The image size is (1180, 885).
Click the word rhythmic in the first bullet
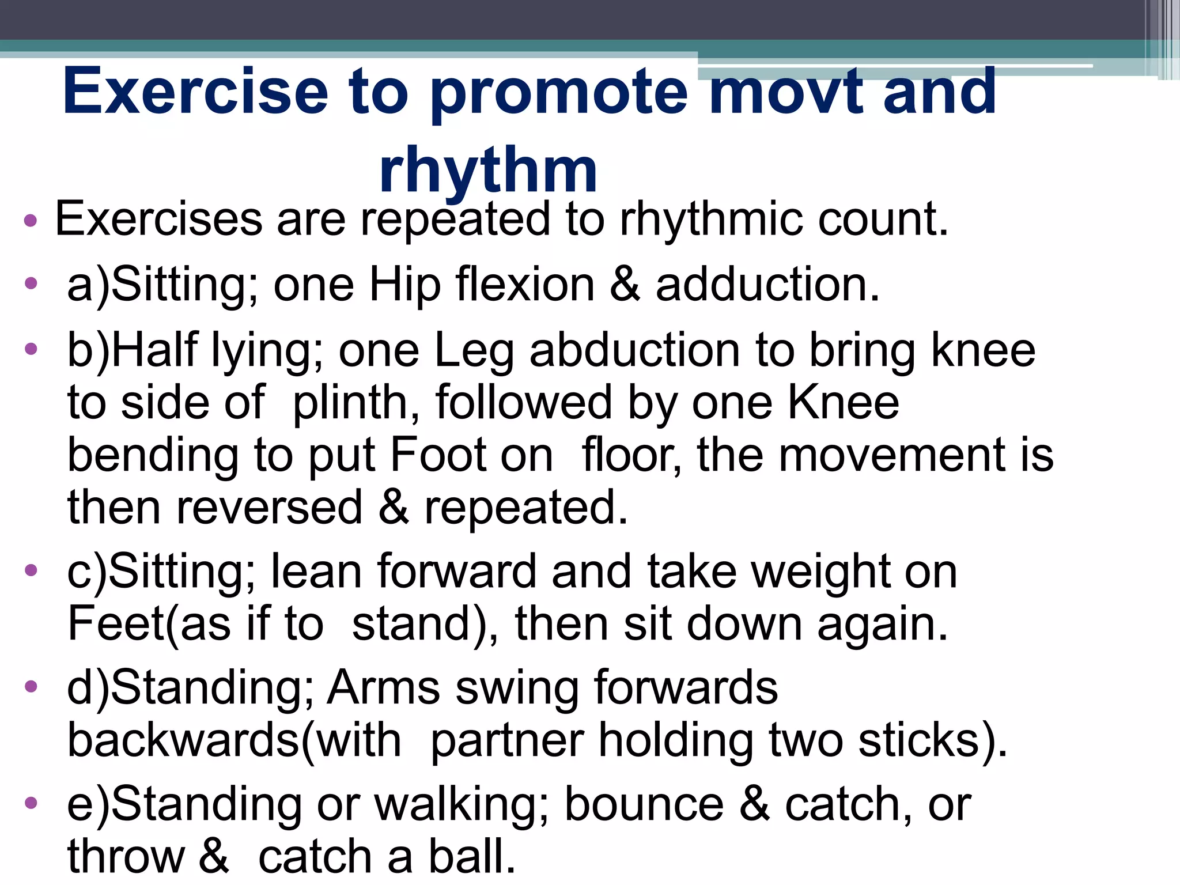pyautogui.click(x=711, y=220)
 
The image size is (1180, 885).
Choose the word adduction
pyautogui.click(x=767, y=285)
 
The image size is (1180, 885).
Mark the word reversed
pyautogui.click(x=269, y=508)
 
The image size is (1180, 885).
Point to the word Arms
pyautogui.click(x=384, y=687)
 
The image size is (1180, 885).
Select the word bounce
pyautogui.click(x=644, y=804)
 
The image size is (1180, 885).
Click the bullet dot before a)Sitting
pyautogui.click(x=31, y=283)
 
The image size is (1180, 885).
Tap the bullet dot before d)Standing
pyautogui.click(x=31, y=686)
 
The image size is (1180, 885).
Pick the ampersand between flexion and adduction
pyautogui.click(x=625, y=285)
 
